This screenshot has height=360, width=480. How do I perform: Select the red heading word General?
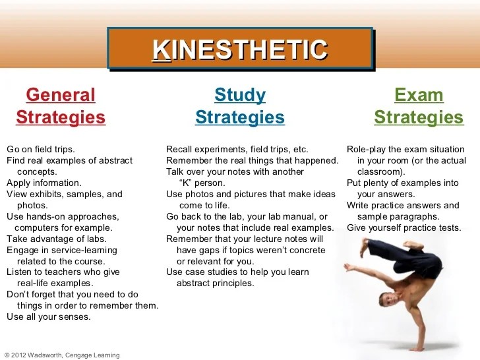point(61,95)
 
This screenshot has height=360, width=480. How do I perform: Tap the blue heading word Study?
point(240,95)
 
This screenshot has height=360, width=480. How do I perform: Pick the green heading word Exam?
point(419,95)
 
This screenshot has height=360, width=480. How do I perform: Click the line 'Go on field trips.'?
point(40,149)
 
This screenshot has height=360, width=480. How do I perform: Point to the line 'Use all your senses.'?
point(49,317)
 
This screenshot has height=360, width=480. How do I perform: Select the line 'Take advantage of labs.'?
point(56,239)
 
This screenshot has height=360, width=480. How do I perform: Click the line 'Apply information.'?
point(44,183)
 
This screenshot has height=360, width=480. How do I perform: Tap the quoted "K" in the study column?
point(188,183)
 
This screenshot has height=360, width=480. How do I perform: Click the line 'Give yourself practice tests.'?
point(404,227)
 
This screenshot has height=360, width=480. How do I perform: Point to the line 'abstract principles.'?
point(215,284)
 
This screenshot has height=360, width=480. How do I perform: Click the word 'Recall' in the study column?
point(179,149)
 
